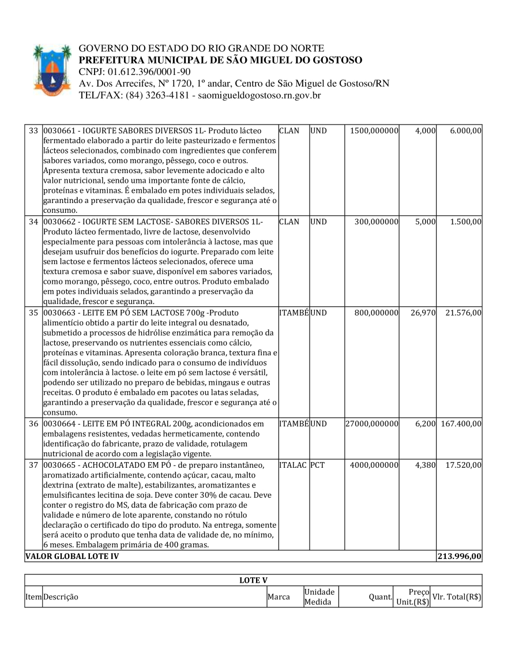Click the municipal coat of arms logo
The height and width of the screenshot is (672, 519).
tap(52, 70)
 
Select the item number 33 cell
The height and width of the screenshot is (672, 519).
tap(33, 131)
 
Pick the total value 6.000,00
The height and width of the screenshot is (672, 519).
tap(466, 131)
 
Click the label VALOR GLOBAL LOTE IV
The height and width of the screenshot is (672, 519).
tap(72, 557)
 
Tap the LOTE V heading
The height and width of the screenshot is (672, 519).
tap(253, 581)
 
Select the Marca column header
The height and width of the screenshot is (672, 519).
tap(279, 597)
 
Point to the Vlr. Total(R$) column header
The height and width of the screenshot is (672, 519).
tap(457, 597)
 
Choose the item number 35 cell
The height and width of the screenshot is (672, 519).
tap(33, 313)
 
